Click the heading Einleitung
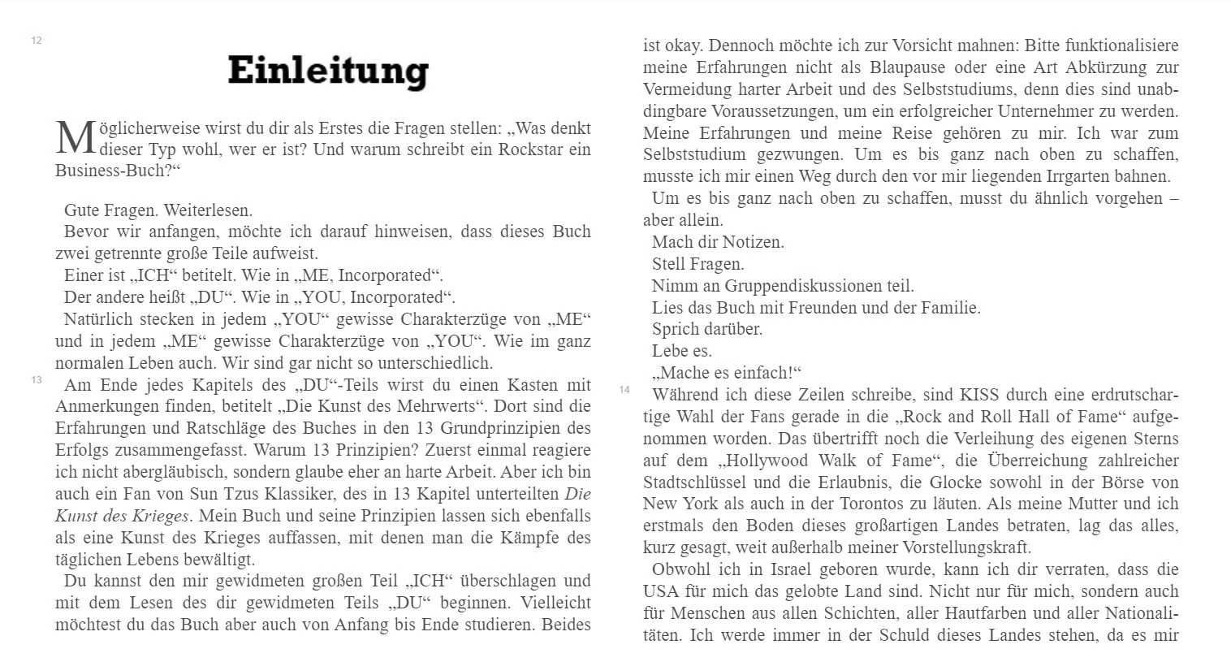coord(328,71)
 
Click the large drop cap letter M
coord(76,138)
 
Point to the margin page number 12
coord(37,41)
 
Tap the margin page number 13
coord(37,380)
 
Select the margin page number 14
coord(624,390)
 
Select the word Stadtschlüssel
coord(696,482)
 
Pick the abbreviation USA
coord(661,591)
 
